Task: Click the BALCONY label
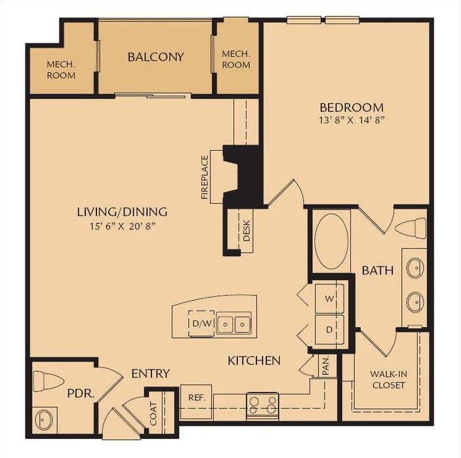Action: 155,57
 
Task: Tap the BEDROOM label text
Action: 351,107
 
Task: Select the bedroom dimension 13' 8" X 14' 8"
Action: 351,120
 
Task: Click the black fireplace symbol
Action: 244,174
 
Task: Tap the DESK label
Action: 247,230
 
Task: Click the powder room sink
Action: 45,418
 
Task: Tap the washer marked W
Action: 329,298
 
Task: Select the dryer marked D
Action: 329,330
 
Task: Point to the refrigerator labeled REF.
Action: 196,397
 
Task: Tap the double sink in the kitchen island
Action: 234,323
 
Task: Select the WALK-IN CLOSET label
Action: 388,379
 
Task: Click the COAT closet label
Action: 153,413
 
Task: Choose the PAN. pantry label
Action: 325,366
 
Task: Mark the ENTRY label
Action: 150,373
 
